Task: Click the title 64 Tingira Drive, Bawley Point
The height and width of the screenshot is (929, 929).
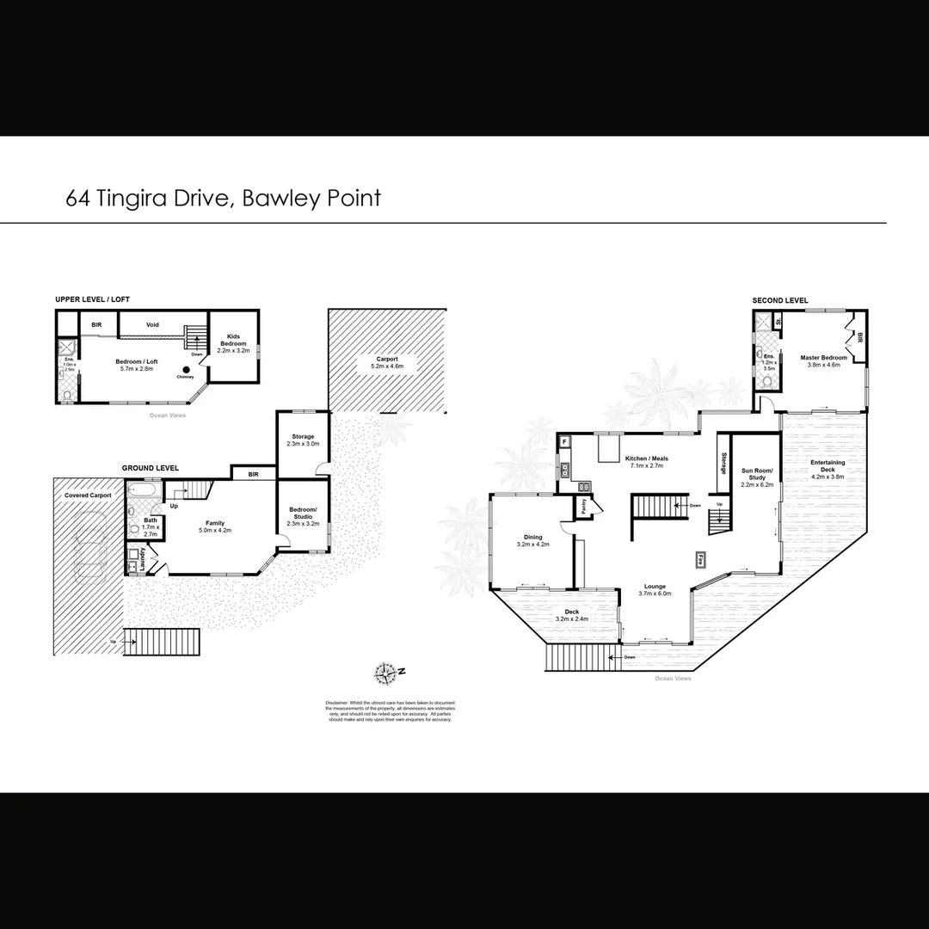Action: pyautogui.click(x=223, y=199)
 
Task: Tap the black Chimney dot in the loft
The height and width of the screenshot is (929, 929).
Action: pyautogui.click(x=185, y=369)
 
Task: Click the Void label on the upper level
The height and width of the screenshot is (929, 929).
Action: pyautogui.click(x=152, y=325)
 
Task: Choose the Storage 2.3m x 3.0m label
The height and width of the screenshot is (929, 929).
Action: pyautogui.click(x=303, y=440)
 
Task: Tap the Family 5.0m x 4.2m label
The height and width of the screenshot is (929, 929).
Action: pyautogui.click(x=215, y=526)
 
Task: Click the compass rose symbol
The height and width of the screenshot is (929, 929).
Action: pyautogui.click(x=386, y=672)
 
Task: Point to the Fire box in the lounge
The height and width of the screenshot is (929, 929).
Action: pyautogui.click(x=701, y=558)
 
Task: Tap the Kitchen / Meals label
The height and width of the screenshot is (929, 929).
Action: pyautogui.click(x=648, y=462)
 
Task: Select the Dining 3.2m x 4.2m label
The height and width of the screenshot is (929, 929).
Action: pyautogui.click(x=532, y=540)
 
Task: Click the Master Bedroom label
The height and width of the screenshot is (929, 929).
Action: pyautogui.click(x=823, y=361)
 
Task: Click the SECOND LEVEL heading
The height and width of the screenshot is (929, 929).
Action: pyautogui.click(x=780, y=300)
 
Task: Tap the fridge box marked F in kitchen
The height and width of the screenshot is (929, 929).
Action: pyautogui.click(x=564, y=442)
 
